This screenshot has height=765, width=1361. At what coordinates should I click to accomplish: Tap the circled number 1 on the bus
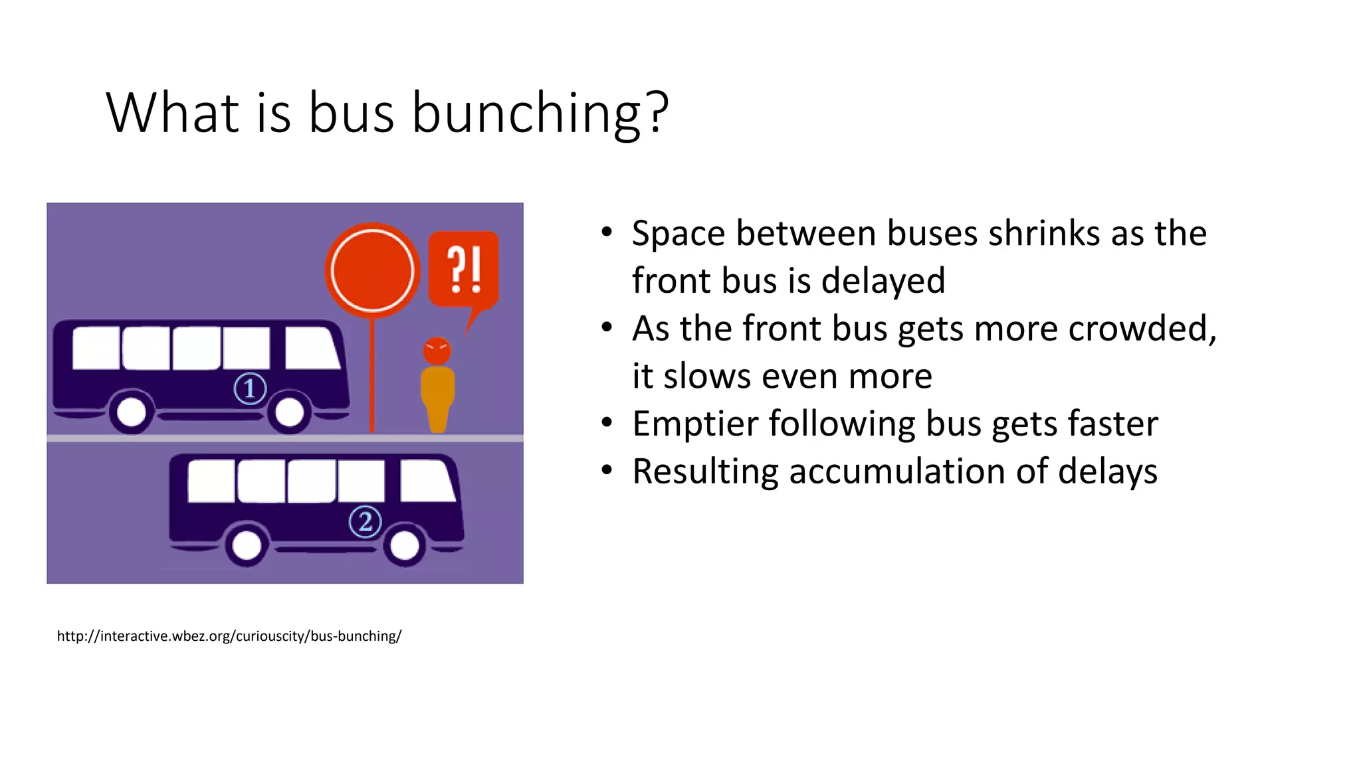tap(250, 388)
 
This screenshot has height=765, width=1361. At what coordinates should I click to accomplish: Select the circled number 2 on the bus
tap(365, 522)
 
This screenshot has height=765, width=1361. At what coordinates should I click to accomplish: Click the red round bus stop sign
tap(372, 270)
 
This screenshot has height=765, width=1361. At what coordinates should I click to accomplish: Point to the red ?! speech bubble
tap(464, 269)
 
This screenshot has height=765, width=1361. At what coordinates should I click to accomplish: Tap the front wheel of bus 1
tap(289, 412)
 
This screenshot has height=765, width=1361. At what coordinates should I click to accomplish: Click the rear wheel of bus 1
tap(132, 412)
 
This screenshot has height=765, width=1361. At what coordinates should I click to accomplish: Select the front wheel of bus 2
tap(404, 546)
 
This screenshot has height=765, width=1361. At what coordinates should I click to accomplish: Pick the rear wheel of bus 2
tap(247, 546)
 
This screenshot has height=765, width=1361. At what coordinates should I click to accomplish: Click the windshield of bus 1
tap(311, 348)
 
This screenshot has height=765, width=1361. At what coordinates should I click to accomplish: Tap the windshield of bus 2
tap(427, 481)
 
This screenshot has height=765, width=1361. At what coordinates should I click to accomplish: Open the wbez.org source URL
tap(229, 636)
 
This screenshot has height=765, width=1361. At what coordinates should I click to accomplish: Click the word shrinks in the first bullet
tap(1043, 234)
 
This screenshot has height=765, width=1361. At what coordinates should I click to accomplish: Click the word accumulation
tap(896, 471)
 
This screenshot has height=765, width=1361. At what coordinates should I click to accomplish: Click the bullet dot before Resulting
tap(606, 470)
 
